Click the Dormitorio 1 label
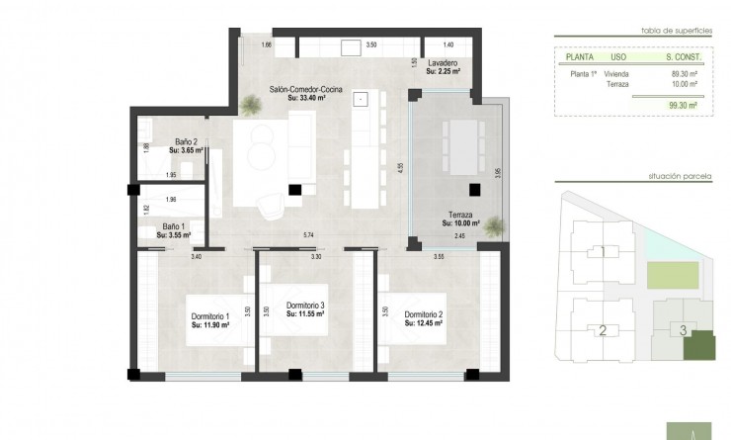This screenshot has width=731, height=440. [209, 316]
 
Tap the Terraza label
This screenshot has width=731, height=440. [460, 215]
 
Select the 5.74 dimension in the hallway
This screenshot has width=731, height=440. [309, 233]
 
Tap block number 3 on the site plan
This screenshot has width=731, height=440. [683, 329]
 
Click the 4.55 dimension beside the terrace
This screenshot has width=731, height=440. [401, 168]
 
